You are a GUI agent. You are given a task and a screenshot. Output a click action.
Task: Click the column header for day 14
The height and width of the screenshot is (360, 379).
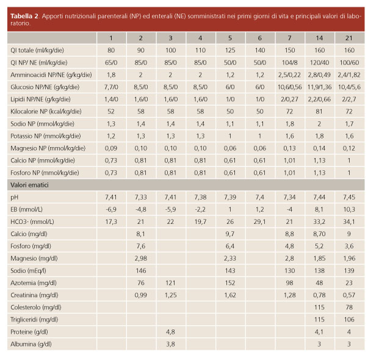click(319, 38)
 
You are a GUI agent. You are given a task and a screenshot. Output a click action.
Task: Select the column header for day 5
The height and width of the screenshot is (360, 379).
click(230, 38)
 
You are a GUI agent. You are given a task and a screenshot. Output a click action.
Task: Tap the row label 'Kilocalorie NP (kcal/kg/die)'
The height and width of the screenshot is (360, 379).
click(46, 112)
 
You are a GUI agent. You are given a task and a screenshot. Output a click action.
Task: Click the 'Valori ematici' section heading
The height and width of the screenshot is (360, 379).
click(29, 185)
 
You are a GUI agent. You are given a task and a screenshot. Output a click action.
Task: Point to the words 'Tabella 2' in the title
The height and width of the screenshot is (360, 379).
click(24, 16)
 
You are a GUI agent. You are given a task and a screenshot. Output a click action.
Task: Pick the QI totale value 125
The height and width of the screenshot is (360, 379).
click(230, 50)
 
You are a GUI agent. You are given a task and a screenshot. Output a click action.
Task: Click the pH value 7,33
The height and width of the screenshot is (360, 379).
click(140, 198)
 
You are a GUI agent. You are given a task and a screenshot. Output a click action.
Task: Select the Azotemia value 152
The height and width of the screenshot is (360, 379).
click(230, 283)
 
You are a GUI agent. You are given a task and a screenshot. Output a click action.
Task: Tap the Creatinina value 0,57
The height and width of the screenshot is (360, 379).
click(348, 295)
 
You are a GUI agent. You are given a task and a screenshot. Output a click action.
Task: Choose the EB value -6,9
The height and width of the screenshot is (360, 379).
click(111, 209)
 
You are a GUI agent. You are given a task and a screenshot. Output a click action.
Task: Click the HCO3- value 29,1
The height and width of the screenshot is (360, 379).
click(259, 222)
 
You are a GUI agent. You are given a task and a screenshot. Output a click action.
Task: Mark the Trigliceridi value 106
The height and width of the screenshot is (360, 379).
click(348, 320)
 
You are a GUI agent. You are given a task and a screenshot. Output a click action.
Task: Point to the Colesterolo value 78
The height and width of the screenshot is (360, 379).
click(348, 308)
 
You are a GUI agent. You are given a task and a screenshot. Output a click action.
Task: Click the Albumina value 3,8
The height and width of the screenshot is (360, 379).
click(170, 344)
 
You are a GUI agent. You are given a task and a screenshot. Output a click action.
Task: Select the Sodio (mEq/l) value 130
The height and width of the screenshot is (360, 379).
click(289, 270)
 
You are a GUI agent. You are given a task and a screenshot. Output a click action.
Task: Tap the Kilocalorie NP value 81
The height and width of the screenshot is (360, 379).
click(319, 112)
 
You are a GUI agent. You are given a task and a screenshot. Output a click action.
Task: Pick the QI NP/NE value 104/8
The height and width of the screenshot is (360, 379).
click(289, 63)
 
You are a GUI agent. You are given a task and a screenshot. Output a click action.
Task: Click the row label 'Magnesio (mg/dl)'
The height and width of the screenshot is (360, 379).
click(34, 259)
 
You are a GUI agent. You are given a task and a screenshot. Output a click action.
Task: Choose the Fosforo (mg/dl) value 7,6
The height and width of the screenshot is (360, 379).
click(140, 246)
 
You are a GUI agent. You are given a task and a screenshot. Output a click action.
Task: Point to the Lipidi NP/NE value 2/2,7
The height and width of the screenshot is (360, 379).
click(348, 99)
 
